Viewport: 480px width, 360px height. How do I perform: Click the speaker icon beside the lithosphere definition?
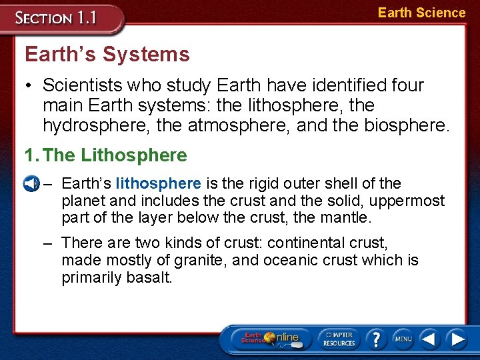[x=30, y=183]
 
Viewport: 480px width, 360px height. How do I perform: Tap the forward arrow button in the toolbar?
[x=456, y=339]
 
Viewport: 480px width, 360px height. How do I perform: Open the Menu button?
[x=403, y=339]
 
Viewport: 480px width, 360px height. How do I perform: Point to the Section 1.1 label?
[x=57, y=18]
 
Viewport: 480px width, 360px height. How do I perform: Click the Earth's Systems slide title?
[x=107, y=55]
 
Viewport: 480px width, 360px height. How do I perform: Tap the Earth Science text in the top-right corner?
[x=421, y=13]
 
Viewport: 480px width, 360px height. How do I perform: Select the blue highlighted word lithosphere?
[x=158, y=183]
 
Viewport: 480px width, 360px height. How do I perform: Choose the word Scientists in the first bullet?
[x=82, y=85]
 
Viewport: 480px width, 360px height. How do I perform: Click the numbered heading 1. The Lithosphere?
[x=105, y=155]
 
